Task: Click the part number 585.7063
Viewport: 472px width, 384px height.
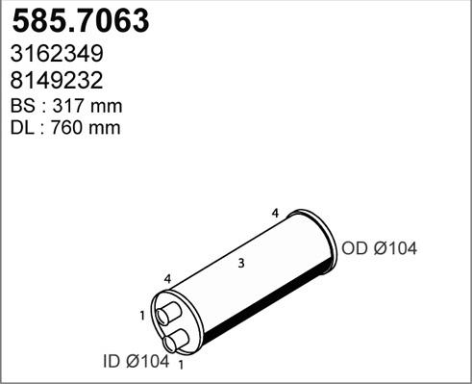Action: click(78, 21)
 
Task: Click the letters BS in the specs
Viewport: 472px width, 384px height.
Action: click(22, 105)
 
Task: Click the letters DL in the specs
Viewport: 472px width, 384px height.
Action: click(22, 127)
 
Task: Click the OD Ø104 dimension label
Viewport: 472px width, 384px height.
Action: click(379, 249)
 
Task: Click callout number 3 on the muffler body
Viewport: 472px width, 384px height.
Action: click(240, 263)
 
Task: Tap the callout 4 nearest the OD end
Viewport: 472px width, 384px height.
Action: click(275, 212)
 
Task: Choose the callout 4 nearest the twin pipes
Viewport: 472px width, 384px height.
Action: click(167, 279)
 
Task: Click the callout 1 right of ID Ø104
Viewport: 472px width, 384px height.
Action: click(181, 365)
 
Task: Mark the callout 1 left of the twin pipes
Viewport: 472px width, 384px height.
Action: click(141, 315)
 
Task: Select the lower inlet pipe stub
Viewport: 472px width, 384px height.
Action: click(177, 338)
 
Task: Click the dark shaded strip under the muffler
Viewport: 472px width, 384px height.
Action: click(260, 309)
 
